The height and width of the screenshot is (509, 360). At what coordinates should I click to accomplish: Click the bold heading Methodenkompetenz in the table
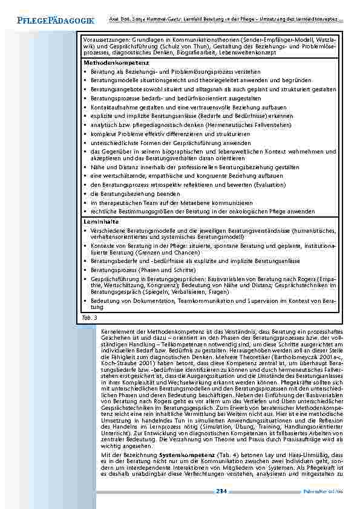coord(108,62)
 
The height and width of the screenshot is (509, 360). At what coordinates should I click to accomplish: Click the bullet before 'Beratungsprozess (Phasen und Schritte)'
coord(85,269)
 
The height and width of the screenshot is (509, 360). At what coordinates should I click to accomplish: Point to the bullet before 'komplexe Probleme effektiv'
coord(85,133)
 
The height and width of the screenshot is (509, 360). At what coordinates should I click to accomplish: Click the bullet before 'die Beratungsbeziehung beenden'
coord(85,193)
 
